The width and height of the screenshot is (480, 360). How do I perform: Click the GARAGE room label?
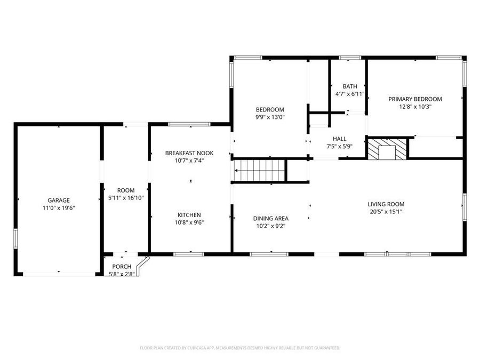(59, 200)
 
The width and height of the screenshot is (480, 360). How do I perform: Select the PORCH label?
(121, 267)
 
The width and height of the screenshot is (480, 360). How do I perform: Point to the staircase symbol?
(259, 171)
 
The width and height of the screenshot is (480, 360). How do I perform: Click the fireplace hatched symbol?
(387, 149)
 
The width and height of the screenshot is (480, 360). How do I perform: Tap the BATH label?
(350, 86)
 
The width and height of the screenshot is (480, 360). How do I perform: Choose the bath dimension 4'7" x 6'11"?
(350, 94)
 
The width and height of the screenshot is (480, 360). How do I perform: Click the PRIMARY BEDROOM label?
(415, 99)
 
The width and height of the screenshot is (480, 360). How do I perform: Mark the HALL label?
(340, 138)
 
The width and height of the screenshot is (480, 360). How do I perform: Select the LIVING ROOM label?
(386, 204)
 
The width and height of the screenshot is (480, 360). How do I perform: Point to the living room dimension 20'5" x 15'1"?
(386, 211)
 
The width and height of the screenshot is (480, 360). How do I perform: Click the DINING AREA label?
(270, 218)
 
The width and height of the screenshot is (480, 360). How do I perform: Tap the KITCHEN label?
(189, 215)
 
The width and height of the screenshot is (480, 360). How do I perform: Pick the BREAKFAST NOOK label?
(189, 153)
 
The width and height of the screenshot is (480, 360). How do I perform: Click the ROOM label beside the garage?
(126, 190)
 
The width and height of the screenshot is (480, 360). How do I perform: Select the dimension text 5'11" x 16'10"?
(126, 197)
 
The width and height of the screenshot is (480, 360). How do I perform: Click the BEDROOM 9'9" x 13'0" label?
(270, 109)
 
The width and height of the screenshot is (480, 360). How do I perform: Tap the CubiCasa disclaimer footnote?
(240, 348)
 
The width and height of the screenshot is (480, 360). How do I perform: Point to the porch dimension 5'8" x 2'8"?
(121, 274)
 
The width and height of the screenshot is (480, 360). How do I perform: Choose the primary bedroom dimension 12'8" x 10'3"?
(415, 106)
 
